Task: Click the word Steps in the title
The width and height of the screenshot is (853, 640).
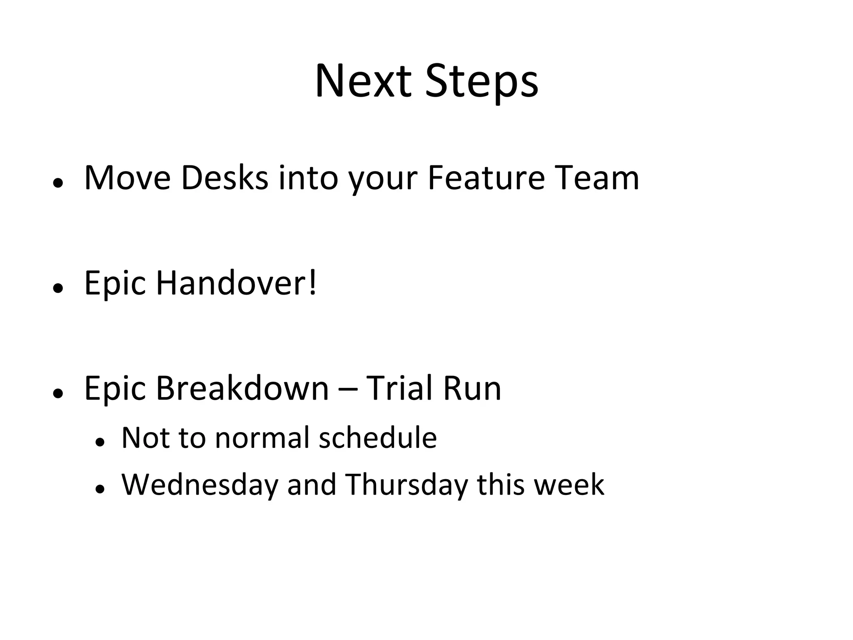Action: pos(481,82)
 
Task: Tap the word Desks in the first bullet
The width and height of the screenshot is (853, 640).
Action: pos(224,178)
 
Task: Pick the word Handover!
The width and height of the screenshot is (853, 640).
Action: pos(236,283)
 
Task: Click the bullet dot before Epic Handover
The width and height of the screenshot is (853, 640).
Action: pos(58,288)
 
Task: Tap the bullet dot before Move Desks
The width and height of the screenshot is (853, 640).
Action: pos(58,183)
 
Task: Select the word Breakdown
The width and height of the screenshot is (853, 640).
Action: pos(242,388)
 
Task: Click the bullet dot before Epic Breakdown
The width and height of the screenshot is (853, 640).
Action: pos(58,393)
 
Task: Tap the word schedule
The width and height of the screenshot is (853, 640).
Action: pos(377,438)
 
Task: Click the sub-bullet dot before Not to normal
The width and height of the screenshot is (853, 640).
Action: pos(99,442)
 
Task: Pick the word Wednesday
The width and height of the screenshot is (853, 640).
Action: pos(199,485)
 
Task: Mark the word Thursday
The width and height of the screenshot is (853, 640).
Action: pos(407,485)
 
